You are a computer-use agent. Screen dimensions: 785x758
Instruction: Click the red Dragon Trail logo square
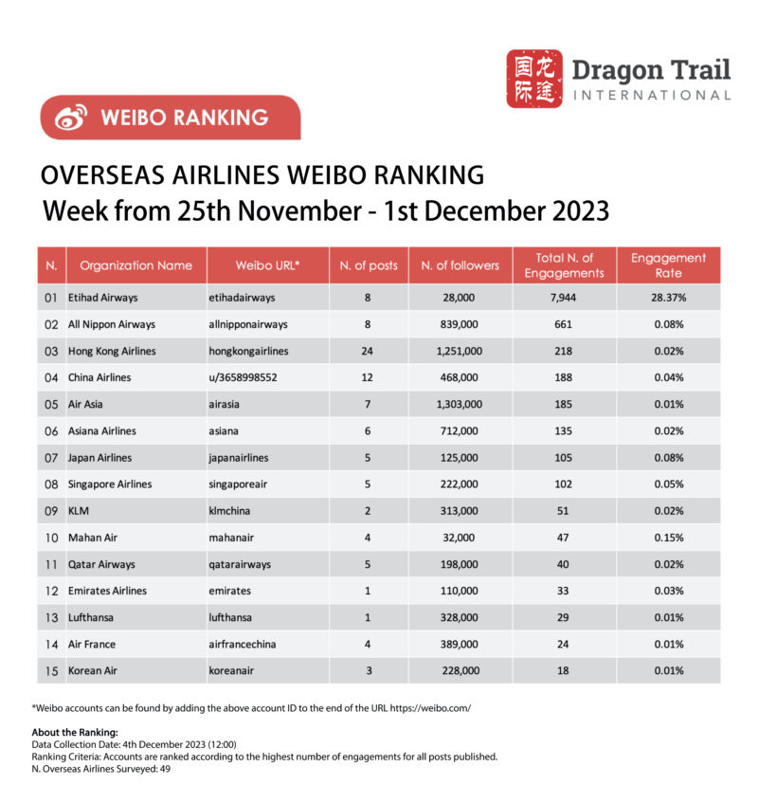(x=534, y=79)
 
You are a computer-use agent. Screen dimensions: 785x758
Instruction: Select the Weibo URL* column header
(x=267, y=265)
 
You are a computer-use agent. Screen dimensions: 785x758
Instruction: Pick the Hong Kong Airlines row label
(x=112, y=351)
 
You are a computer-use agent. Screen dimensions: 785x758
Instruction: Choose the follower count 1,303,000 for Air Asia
(x=460, y=404)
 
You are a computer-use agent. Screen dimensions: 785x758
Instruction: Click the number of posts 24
(x=368, y=351)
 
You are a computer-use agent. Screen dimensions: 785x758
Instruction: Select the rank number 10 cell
(x=51, y=538)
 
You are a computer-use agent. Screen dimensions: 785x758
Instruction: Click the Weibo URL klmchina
(x=234, y=511)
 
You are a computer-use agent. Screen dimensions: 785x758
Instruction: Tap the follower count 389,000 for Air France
(x=460, y=645)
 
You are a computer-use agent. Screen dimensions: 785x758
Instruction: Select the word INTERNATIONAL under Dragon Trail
(x=651, y=95)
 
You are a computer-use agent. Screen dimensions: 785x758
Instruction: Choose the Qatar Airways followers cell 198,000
(x=460, y=564)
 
